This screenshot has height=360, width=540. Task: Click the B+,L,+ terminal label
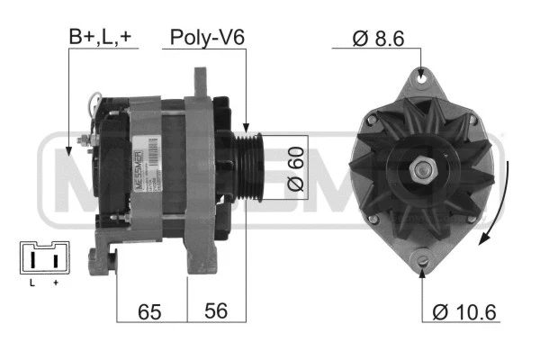click(101, 37)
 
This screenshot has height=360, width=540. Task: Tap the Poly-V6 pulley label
click(207, 37)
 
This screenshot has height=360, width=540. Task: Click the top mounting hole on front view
click(421, 79)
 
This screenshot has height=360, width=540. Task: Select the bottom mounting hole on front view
click(421, 262)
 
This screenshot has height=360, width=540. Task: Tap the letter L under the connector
click(31, 283)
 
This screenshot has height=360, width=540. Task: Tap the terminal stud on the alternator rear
click(85, 140)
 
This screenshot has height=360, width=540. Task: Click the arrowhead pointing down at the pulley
click(245, 130)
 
